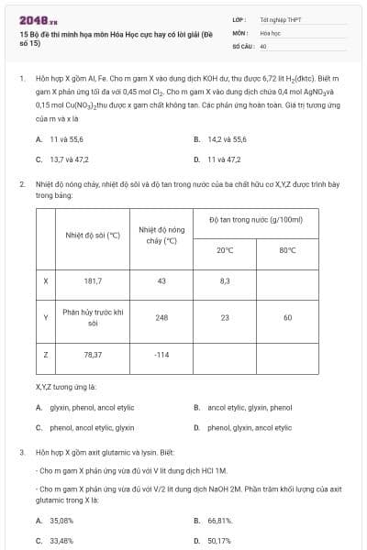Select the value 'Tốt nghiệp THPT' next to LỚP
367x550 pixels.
pos(282,18)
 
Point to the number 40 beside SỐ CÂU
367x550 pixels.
pos(263,45)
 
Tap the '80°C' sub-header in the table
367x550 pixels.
pos(287,249)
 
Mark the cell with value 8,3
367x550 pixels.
pos(225,281)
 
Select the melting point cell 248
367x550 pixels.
pos(161,317)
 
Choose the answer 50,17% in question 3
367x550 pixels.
pos(219,541)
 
